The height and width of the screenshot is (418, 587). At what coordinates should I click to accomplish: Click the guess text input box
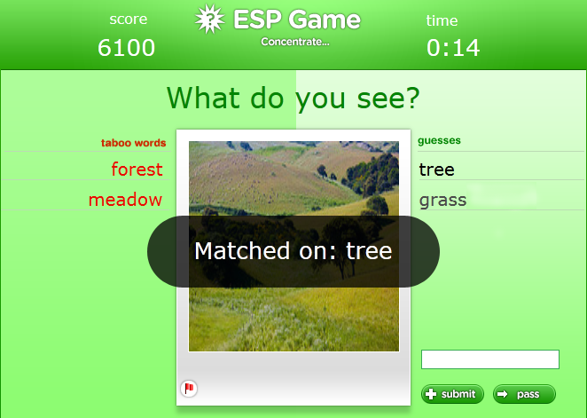489,359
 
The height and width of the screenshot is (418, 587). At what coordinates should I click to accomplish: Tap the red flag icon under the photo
189,388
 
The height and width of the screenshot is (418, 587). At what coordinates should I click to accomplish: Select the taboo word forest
137,169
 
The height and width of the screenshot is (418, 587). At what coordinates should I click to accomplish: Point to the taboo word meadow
125,200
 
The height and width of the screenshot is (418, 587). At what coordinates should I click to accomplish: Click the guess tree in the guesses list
436,170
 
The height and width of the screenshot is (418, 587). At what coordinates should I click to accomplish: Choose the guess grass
442,200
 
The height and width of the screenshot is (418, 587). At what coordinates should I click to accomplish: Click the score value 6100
126,48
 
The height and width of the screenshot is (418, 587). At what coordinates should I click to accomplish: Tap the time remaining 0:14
453,48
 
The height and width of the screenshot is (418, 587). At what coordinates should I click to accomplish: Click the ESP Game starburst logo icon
209,20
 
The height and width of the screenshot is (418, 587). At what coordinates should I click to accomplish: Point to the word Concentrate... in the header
295,42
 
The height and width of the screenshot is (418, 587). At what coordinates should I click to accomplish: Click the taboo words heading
133,142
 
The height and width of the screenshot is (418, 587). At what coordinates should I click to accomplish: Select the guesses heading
439,140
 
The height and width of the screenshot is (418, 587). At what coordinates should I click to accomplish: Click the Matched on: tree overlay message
293,251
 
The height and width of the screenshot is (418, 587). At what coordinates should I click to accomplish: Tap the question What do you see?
293,98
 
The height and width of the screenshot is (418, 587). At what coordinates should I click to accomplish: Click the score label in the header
129,20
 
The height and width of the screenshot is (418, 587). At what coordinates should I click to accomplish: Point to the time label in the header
442,20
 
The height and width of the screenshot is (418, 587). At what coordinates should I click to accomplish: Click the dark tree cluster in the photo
372,169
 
